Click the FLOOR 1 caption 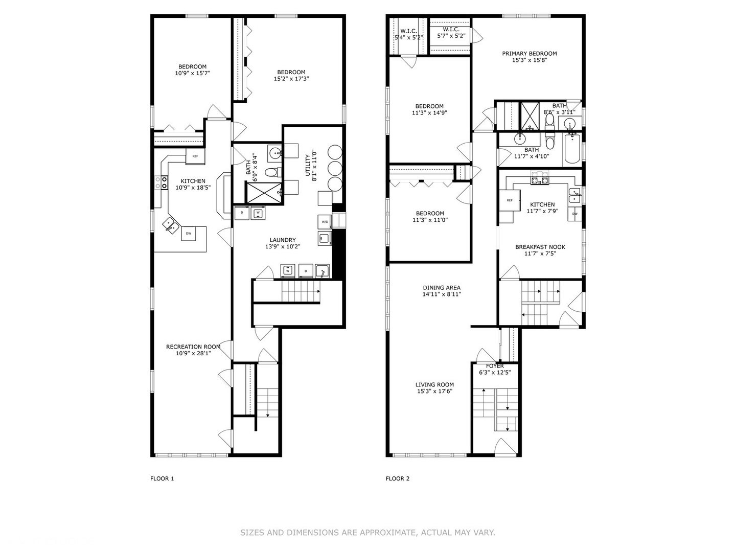pos(162,479)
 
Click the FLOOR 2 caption pos(397,479)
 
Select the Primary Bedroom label pos(529,57)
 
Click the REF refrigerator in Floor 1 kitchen pos(195,156)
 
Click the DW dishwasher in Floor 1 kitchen pos(188,234)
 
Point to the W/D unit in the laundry pos(325,222)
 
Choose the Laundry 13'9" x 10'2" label pos(282,243)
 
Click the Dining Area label pos(442,291)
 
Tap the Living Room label pos(434,388)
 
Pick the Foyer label pos(495,369)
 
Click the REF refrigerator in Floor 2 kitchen pos(510,200)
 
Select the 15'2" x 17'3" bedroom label pos(291,76)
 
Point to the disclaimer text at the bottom pos(367,533)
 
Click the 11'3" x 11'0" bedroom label pos(429,217)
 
